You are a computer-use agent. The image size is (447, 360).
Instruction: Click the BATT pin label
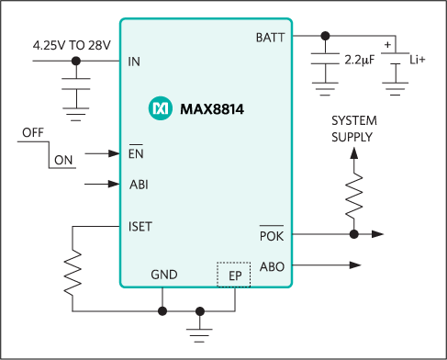point(269,37)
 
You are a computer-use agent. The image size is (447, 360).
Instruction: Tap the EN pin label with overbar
point(136,154)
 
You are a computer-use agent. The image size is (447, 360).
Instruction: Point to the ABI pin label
point(139,185)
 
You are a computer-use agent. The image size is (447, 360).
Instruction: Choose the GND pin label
point(163,275)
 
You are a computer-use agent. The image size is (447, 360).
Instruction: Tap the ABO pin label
point(272,267)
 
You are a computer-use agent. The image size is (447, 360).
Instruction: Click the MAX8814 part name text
point(205,109)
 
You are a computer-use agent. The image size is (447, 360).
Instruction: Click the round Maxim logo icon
point(159,109)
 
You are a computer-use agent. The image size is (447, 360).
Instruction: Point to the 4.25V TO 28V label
point(73,45)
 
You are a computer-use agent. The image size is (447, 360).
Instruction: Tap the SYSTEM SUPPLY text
point(353,129)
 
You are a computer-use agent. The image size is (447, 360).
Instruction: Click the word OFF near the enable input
point(32,134)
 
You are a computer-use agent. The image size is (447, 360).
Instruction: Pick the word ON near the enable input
point(63,162)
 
